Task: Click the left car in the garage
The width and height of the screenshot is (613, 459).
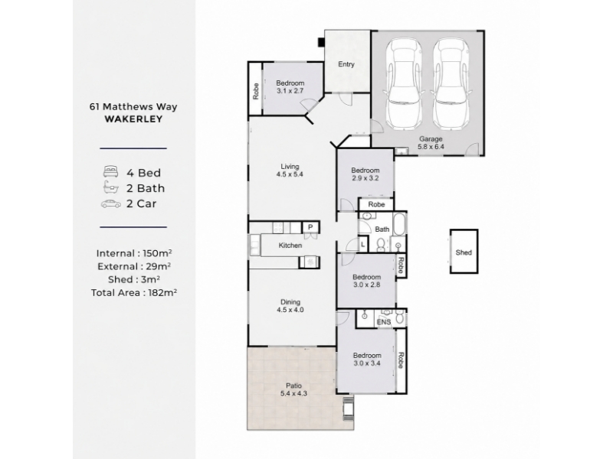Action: click(405, 84)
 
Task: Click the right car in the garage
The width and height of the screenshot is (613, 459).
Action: click(451, 84)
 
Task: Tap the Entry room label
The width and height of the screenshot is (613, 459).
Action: click(346, 64)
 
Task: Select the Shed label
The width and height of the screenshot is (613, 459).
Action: click(464, 252)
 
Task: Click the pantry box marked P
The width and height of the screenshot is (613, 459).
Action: click(310, 227)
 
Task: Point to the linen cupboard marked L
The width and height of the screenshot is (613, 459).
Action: click(362, 245)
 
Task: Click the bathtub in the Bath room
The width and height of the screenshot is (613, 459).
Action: click(399, 224)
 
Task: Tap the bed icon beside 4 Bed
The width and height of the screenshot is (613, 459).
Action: click(110, 171)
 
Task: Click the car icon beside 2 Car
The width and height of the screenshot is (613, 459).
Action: click(111, 203)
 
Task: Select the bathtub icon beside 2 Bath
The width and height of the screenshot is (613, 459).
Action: click(111, 187)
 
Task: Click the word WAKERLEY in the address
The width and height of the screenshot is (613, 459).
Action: click(133, 119)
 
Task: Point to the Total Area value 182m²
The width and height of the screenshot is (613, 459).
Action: click(162, 292)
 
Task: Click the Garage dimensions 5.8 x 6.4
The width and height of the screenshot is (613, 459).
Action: click(431, 147)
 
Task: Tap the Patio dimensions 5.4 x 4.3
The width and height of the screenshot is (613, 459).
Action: click(293, 393)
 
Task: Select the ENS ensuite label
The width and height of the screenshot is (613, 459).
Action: click(384, 322)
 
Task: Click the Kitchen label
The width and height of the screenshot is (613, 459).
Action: click(290, 246)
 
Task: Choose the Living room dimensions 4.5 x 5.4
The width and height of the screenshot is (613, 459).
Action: click(290, 174)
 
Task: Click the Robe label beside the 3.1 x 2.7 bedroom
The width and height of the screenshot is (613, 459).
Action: click(256, 91)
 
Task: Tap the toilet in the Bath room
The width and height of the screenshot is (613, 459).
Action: click(380, 245)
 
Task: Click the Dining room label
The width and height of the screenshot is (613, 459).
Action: click(290, 301)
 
